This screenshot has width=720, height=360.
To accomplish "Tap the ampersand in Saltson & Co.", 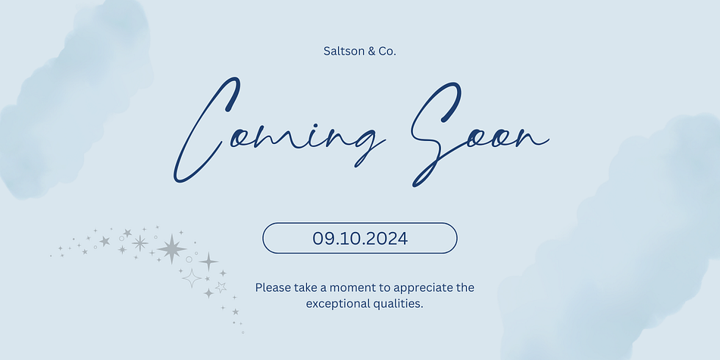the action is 359,51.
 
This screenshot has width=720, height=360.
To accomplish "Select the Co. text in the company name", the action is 387,51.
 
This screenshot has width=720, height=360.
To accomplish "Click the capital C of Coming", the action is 207,130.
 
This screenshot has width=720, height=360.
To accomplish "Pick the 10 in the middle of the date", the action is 349,238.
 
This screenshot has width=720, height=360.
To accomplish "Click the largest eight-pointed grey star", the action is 172,249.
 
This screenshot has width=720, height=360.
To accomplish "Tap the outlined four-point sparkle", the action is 192,278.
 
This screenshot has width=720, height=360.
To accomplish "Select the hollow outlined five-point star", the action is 221,287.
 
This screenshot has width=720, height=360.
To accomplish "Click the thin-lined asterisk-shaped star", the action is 139,243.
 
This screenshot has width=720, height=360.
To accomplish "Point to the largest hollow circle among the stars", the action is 189,259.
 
